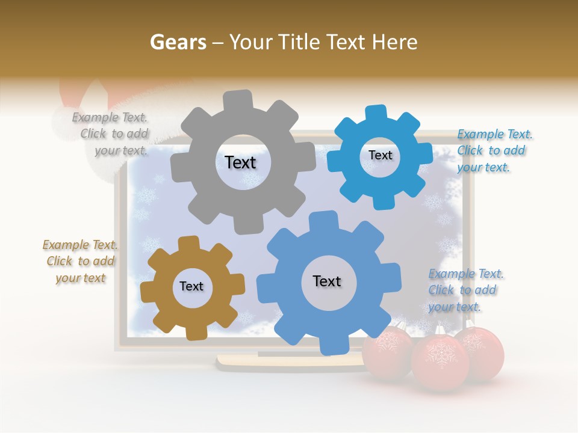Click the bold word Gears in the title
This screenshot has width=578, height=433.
[178, 42]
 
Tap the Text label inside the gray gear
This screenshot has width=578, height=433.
[240, 162]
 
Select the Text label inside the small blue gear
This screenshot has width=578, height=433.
[380, 155]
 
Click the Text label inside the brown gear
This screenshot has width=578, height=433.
[191, 286]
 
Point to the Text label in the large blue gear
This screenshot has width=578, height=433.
[327, 281]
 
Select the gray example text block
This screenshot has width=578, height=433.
[111, 134]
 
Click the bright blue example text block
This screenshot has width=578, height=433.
[494, 150]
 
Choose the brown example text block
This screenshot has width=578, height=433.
[80, 261]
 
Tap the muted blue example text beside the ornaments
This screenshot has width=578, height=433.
[465, 290]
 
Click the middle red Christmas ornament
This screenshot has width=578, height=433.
[440, 361]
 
